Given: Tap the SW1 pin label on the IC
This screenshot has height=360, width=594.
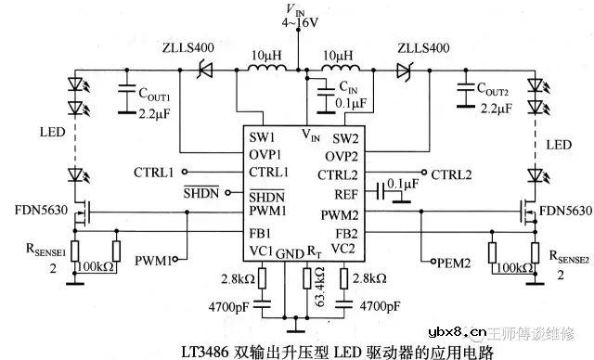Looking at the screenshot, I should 261,136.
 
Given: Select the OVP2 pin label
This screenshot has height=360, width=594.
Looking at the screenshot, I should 336,155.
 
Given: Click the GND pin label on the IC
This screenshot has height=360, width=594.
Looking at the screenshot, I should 290,252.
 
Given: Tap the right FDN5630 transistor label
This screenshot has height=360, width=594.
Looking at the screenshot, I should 564,212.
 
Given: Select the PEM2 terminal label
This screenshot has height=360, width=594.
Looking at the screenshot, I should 453,264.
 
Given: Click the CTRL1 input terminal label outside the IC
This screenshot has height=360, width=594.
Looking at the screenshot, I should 153,173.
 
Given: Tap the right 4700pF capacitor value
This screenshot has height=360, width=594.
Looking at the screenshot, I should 377,305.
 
